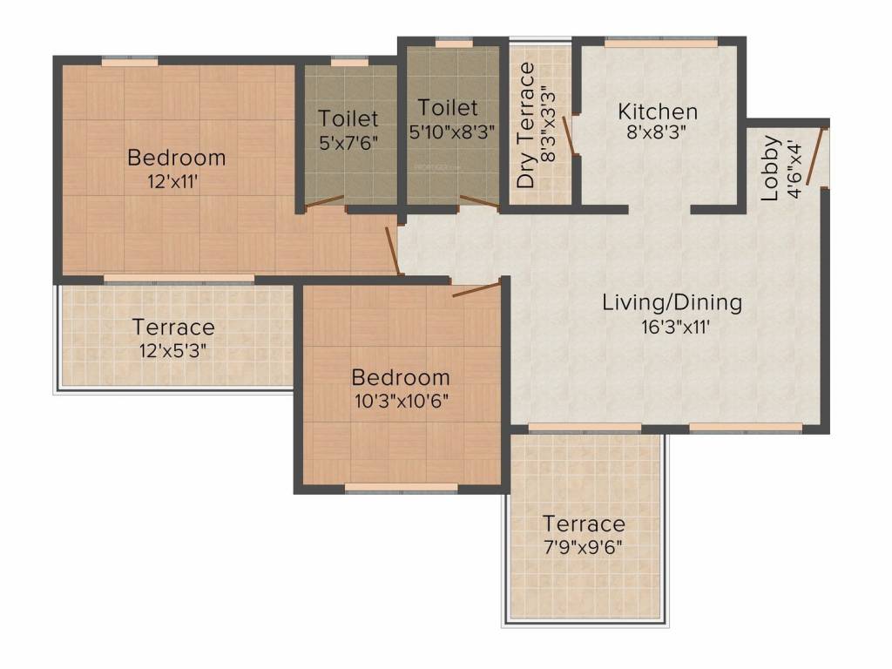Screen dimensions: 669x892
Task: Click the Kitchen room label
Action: (658, 111)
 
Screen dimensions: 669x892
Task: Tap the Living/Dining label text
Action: (672, 303)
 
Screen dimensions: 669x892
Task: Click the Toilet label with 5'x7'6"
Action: (348, 118)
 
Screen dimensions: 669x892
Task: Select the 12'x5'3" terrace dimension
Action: (172, 351)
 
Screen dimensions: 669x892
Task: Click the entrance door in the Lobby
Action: (814, 157)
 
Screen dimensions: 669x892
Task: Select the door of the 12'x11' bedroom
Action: (394, 248)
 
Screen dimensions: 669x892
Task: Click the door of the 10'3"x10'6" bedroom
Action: (477, 287)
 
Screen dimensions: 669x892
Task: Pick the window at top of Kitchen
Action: (662, 41)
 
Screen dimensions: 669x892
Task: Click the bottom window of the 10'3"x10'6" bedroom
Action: (402, 488)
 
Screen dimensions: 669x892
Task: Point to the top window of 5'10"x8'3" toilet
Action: (454, 41)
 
